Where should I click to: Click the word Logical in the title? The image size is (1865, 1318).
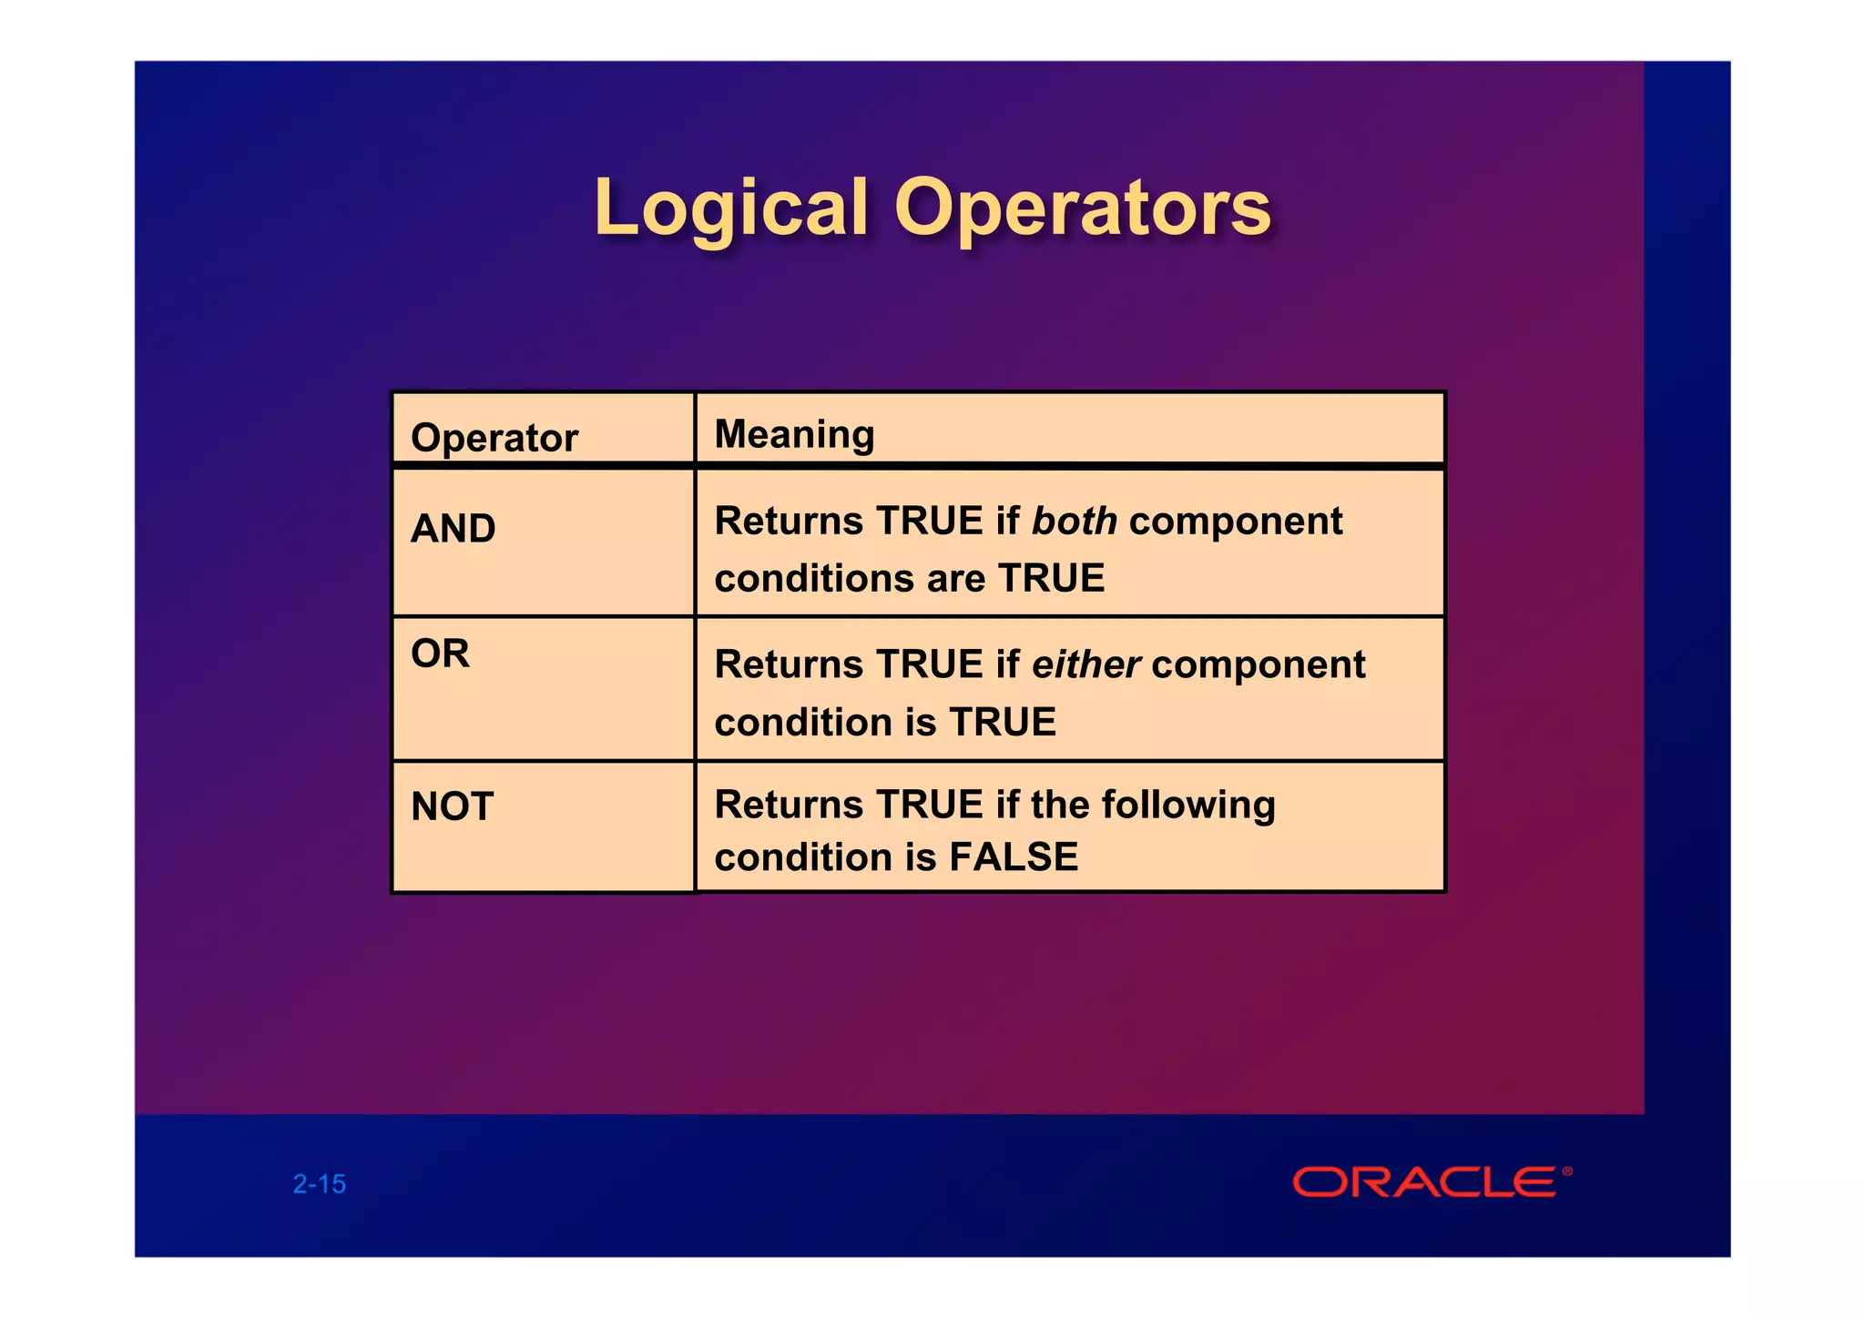point(731,209)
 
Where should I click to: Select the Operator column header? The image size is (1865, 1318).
point(494,438)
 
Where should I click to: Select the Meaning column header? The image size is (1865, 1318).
point(794,434)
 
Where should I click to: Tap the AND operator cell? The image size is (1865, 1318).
point(454,529)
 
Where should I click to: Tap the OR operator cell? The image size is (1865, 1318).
point(441,654)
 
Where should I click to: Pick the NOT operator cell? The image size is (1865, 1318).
point(453,806)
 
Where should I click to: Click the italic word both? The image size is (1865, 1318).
point(1074,522)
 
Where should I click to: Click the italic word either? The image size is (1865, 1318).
point(1085,665)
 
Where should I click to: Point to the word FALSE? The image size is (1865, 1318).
point(1014,857)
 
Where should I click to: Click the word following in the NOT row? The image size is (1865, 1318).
point(1187,806)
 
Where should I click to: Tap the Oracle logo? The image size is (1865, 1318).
point(1425,1182)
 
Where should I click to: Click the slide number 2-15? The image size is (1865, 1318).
point(320,1184)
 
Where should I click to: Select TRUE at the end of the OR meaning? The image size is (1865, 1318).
point(1003,723)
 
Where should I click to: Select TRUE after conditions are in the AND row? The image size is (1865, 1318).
point(1051,579)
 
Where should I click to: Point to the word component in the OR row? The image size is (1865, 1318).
point(1258,665)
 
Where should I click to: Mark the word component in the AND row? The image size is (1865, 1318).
point(1235,522)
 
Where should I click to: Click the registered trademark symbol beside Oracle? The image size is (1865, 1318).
point(1567,1171)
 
